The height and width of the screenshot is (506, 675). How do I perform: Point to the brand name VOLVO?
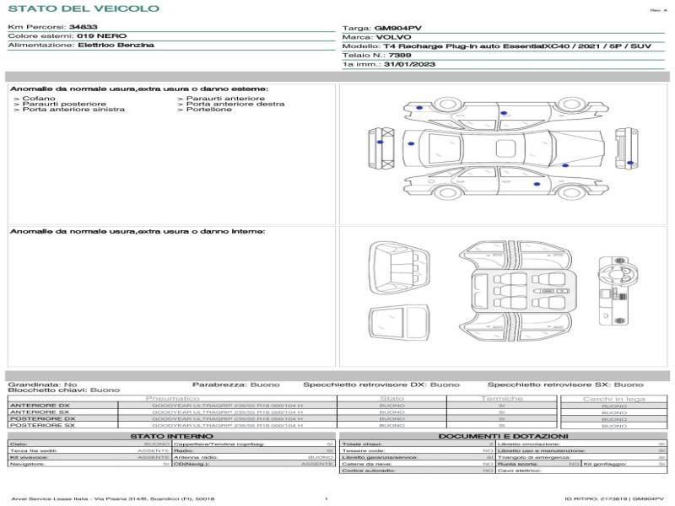[x=391, y=37]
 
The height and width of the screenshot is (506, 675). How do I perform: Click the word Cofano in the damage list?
[x=39, y=99]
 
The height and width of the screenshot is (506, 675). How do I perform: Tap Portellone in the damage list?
[x=208, y=110]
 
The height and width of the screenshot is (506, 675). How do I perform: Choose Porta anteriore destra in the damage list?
[x=235, y=105]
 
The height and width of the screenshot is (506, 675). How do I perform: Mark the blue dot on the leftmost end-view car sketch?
[x=380, y=143]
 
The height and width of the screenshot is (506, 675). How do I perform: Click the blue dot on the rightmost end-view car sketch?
[x=629, y=163]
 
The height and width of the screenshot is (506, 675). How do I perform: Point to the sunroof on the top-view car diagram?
[x=505, y=148]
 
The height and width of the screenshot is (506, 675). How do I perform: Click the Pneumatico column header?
[x=172, y=398]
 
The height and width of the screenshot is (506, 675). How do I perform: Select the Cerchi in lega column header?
[x=614, y=398]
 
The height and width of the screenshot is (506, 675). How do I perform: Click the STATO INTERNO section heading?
[x=171, y=436]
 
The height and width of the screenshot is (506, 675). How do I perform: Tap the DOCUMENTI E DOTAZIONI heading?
[x=503, y=436]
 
